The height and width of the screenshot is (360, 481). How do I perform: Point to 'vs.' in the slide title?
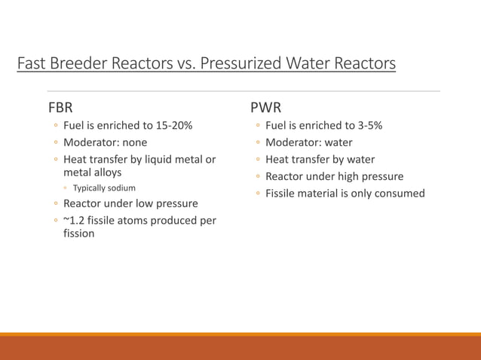(x=185, y=63)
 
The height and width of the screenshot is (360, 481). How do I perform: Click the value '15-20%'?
(x=173, y=125)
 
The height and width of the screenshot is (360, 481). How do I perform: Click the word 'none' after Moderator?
(x=133, y=142)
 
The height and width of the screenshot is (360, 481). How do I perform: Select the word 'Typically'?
(x=90, y=188)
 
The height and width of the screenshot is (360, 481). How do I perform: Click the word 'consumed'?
(x=400, y=194)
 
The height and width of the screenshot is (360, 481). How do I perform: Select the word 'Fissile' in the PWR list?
(x=280, y=194)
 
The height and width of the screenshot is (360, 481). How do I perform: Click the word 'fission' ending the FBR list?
(x=79, y=233)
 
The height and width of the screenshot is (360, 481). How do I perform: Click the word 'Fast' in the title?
(x=31, y=63)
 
